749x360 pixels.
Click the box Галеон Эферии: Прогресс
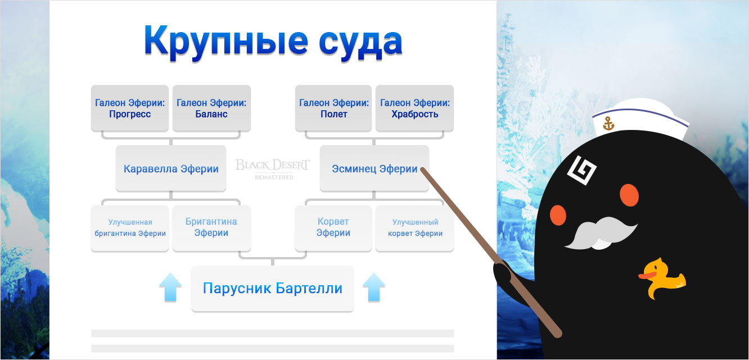click(x=130, y=109)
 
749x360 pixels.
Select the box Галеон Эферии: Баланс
click(x=211, y=109)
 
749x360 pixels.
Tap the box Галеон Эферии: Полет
click(x=333, y=109)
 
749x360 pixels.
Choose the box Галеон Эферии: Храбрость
click(x=414, y=109)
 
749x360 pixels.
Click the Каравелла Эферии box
click(x=171, y=169)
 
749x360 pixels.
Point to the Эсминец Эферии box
click(x=374, y=169)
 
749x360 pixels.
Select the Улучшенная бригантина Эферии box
click(x=130, y=228)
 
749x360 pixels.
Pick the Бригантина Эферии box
click(x=211, y=228)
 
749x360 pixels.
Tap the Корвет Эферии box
click(x=333, y=228)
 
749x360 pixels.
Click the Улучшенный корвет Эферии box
click(x=414, y=228)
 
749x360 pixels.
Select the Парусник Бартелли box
click(x=273, y=289)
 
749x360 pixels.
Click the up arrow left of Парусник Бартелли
click(x=170, y=288)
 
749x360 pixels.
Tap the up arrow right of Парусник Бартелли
click(x=373, y=288)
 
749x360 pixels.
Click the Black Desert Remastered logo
click(x=273, y=168)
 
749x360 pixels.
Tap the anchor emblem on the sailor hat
click(x=608, y=124)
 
